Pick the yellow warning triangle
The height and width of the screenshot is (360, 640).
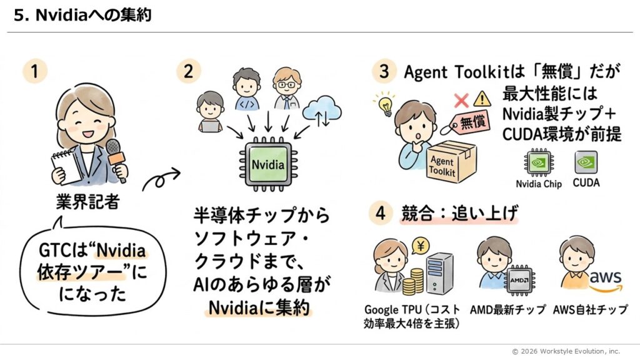click(482, 98)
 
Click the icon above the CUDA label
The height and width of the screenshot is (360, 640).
click(586, 162)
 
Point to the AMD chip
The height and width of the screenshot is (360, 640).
click(518, 281)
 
